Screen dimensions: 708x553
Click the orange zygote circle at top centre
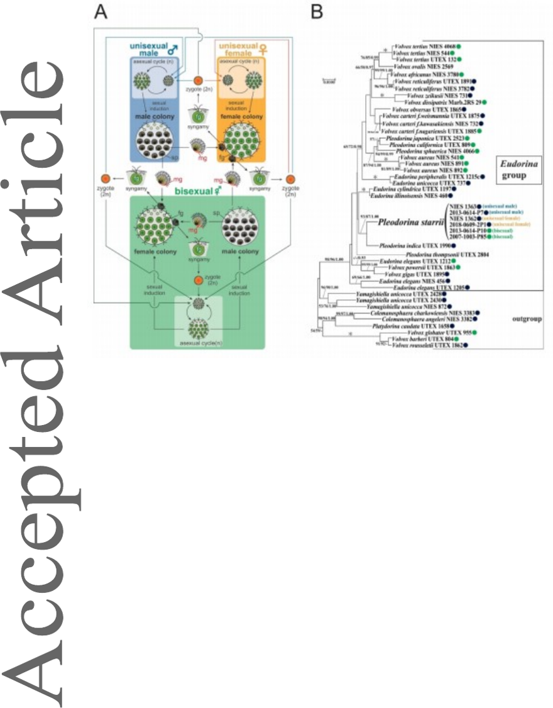[197, 80]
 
